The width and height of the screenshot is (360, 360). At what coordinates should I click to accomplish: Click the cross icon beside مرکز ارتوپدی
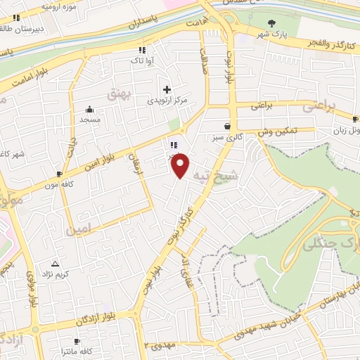(167, 89)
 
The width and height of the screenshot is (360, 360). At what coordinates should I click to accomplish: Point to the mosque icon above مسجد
(89, 110)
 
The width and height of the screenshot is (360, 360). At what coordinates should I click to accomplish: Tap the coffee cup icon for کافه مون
(59, 174)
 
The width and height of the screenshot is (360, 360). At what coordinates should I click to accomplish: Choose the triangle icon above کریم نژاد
(56, 262)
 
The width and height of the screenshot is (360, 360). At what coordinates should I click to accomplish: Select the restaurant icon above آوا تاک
(143, 50)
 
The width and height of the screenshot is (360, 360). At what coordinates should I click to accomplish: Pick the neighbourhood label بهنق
(117, 91)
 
